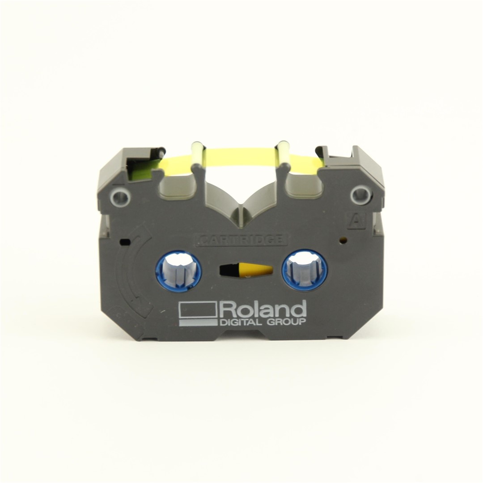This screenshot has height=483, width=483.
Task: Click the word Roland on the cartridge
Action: [x=263, y=310]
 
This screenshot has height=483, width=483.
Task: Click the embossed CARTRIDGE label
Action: [x=241, y=240]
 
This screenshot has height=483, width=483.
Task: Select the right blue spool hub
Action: [x=305, y=268]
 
